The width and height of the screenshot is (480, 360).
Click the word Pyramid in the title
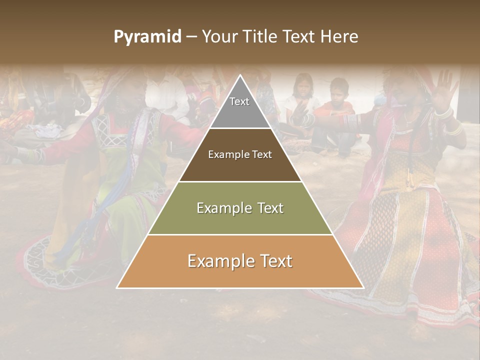[x=147, y=36]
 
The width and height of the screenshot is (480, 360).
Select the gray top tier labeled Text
[x=239, y=107]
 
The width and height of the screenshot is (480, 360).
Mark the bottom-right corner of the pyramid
[x=362, y=287]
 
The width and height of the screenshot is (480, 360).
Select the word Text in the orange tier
[x=274, y=261]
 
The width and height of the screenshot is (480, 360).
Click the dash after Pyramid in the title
[x=191, y=36]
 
